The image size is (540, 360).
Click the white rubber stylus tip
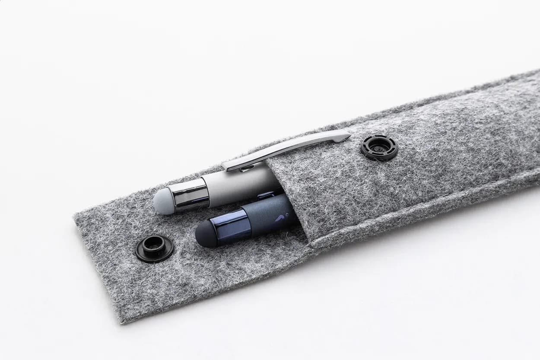click(x=164, y=201)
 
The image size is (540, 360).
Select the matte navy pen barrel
click(x=268, y=214)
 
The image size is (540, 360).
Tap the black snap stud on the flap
click(x=154, y=248)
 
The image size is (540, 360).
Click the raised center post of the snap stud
click(x=154, y=245)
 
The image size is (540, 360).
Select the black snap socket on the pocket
click(x=379, y=147)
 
